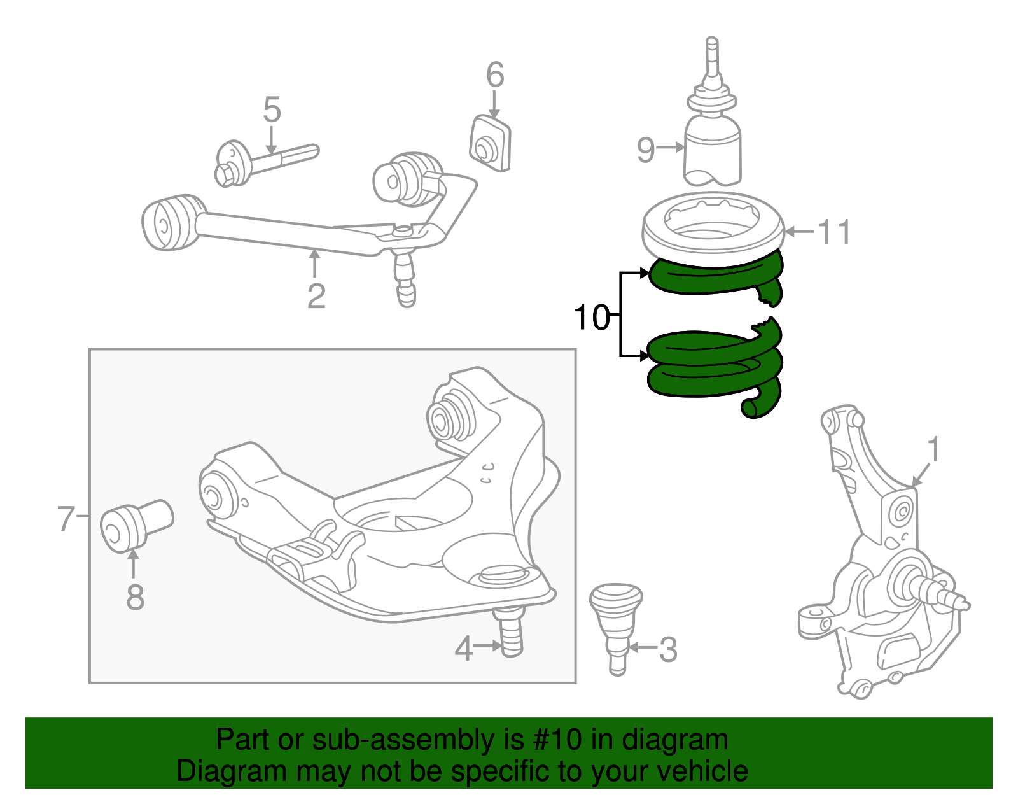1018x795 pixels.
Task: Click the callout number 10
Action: point(591,316)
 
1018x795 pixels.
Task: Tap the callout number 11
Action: point(835,232)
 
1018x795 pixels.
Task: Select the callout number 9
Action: point(646,150)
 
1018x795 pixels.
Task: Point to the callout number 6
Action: point(495,74)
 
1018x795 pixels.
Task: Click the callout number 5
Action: point(272,110)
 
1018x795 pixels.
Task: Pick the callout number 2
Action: point(316,295)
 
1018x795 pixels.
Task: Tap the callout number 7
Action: point(66,518)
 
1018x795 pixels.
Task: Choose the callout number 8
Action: point(135,597)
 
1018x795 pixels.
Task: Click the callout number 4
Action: point(464,649)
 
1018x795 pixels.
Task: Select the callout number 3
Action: point(668,649)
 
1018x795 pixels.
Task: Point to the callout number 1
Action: point(933,449)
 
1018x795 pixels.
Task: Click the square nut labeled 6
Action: point(490,144)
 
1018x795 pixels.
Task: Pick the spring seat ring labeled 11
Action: point(713,229)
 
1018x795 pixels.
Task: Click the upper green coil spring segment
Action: point(713,279)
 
